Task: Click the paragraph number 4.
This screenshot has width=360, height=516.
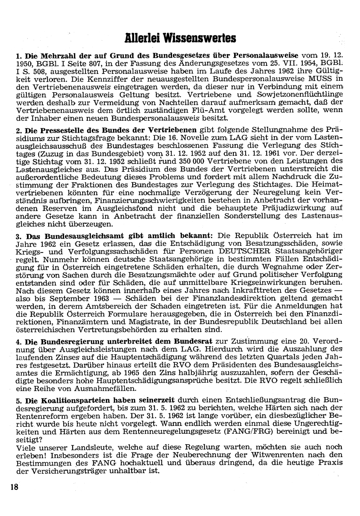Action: click(x=18, y=341)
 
